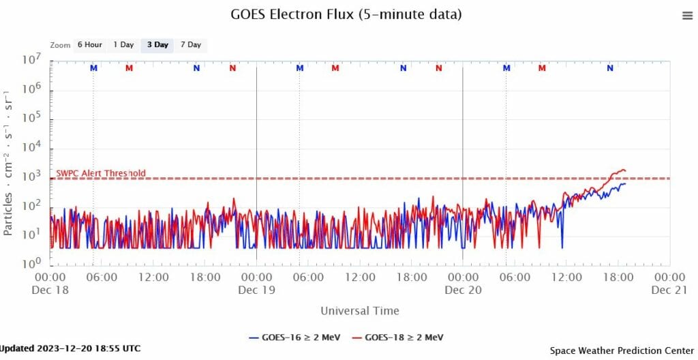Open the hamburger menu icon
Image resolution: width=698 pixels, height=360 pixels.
coord(687,16)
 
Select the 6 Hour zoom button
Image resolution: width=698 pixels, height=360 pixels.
coord(89,45)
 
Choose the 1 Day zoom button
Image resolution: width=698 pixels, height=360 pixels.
coord(123,45)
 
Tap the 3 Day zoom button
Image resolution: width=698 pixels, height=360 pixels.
coord(157,45)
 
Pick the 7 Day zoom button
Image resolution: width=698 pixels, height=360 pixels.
coord(190,45)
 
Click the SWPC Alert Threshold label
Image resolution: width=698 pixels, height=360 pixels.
coord(101,173)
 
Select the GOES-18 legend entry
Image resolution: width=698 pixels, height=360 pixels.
coord(399,337)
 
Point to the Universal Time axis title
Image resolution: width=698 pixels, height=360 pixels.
coord(360,311)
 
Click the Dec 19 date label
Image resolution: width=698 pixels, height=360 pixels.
coord(256,290)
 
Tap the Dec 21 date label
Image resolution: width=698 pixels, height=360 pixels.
coord(669,290)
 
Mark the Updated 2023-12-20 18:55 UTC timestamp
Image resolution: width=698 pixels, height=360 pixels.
coord(70,348)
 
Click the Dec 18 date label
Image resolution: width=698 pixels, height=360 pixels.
coord(50,290)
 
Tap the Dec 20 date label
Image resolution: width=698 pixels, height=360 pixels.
coord(463,290)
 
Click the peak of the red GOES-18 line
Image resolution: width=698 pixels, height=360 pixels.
coord(622,169)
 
